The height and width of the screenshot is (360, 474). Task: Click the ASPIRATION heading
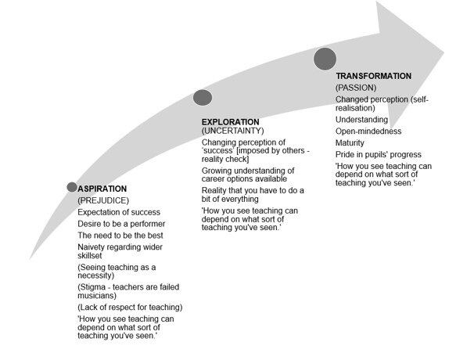(x=102, y=189)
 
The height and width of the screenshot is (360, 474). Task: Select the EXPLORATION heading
(x=230, y=122)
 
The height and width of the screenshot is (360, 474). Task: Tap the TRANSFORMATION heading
(x=374, y=76)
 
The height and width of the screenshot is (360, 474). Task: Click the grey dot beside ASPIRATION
(x=72, y=187)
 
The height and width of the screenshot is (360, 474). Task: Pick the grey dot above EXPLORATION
(x=203, y=97)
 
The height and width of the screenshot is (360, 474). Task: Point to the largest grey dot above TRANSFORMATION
(x=325, y=59)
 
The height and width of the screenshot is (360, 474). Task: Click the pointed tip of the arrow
(x=443, y=52)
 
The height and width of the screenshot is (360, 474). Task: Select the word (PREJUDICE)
(x=103, y=200)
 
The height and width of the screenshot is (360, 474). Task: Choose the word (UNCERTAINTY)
(x=233, y=131)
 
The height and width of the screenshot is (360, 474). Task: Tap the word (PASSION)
(x=356, y=88)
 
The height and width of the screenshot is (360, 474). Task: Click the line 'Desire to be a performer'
(x=121, y=224)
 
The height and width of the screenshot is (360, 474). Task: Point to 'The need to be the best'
(x=120, y=236)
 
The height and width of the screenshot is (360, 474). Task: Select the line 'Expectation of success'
(x=119, y=212)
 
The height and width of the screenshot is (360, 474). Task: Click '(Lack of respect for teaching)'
(x=130, y=308)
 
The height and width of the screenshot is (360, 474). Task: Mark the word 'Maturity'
(x=350, y=142)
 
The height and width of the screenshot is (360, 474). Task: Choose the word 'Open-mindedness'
(x=368, y=131)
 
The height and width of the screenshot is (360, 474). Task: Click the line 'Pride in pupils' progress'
(x=379, y=155)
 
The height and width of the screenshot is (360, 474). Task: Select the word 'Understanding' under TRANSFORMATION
(x=362, y=120)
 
